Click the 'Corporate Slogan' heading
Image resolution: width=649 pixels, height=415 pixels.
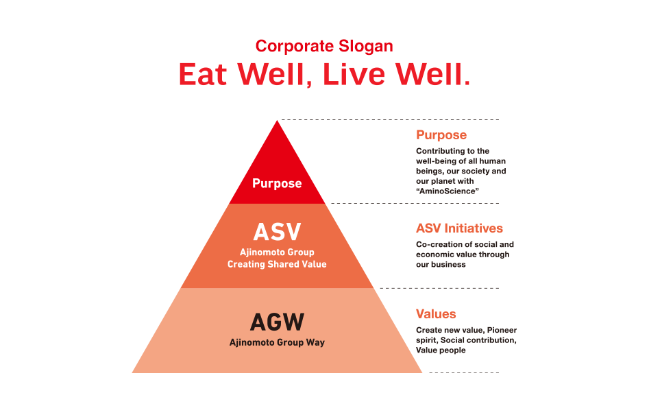coord(324,47)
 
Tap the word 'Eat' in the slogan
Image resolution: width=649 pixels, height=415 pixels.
coord(204,75)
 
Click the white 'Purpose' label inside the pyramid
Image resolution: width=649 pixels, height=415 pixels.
coord(277,183)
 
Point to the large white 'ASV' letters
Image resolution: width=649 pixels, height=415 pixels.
coord(277,232)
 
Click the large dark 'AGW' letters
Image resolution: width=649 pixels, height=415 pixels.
coord(277,321)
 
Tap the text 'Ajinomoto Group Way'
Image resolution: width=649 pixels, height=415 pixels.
coord(277,342)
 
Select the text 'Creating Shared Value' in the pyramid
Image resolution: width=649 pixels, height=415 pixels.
coord(277,264)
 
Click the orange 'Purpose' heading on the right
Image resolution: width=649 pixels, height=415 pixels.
coord(441,135)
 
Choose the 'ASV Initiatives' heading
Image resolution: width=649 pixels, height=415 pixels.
coord(459,228)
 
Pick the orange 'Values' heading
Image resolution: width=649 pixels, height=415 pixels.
coord(436,314)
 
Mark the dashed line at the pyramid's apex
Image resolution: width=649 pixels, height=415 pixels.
coord(391,120)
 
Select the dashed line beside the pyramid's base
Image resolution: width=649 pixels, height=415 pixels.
coord(464,372)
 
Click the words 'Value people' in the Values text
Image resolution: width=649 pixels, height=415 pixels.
coord(441,350)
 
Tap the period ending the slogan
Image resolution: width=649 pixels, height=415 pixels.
coord(467,82)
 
